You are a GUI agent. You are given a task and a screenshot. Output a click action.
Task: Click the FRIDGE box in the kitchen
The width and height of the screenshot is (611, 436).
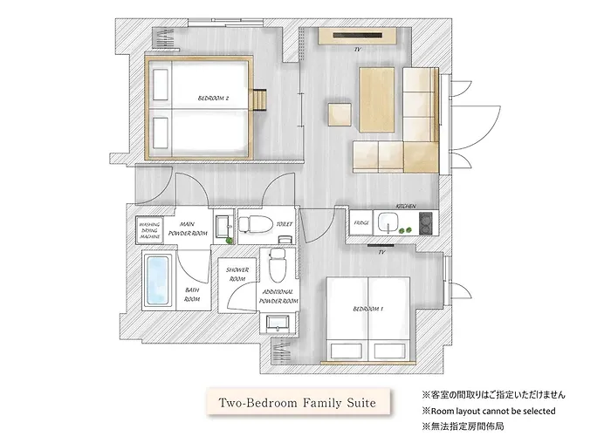(360, 224)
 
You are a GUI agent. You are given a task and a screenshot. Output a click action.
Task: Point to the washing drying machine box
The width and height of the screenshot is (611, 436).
(150, 231)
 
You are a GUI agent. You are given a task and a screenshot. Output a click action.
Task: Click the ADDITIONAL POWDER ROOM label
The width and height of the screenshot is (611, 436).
(278, 296)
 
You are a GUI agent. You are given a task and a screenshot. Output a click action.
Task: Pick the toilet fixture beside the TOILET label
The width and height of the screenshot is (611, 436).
(254, 222)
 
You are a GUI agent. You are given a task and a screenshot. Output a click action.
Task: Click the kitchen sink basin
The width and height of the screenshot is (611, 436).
(385, 219)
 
